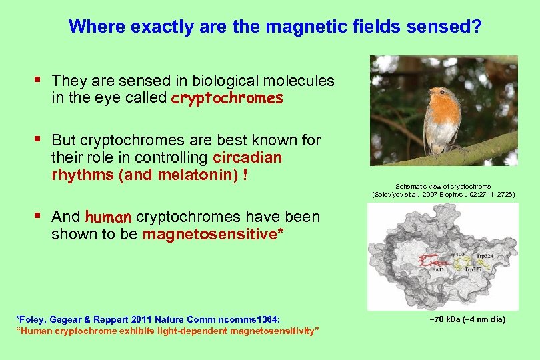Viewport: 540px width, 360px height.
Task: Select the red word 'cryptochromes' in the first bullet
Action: (x=227, y=99)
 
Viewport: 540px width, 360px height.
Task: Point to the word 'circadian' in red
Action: (x=247, y=158)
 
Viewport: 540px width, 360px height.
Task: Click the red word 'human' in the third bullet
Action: (x=109, y=217)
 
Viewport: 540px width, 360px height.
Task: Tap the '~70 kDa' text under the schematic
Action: (x=445, y=320)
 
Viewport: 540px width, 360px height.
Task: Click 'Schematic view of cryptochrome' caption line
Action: (x=443, y=186)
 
